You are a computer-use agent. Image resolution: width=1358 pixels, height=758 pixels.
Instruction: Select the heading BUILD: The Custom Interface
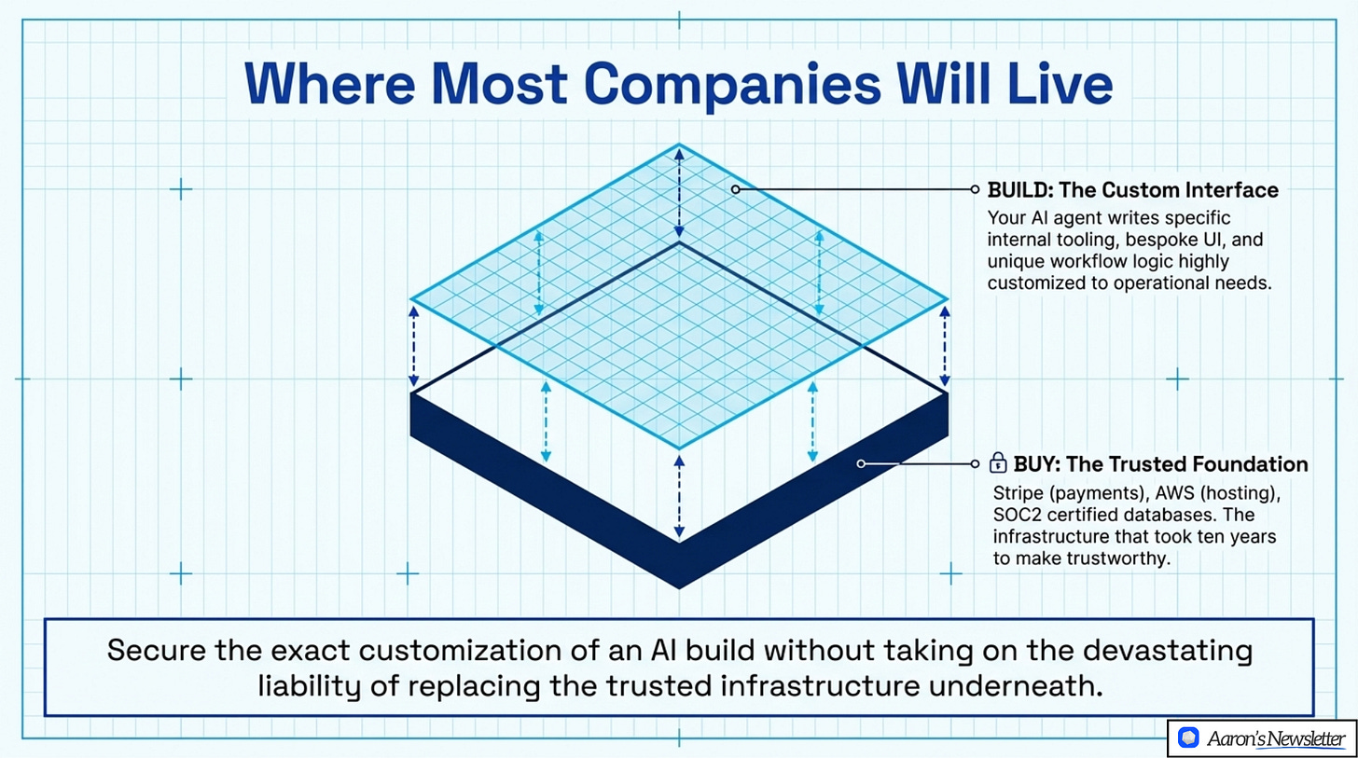1132,190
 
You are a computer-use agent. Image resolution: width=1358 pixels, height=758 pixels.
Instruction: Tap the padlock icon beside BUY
998,462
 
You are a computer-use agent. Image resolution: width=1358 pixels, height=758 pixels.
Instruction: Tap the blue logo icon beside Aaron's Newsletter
1187,738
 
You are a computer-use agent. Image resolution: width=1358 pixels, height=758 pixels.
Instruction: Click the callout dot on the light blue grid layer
735,189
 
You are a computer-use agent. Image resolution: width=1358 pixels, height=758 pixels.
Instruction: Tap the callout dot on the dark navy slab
862,463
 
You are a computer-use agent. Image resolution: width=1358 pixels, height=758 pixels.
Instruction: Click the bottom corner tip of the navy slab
679,586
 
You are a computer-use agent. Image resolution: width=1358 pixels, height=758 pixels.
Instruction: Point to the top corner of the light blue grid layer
679,145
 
